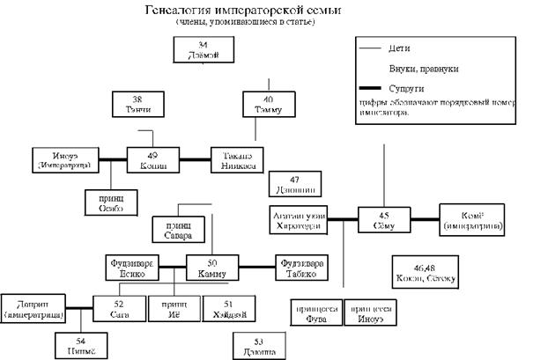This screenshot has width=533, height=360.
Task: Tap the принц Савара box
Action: coord(180,229)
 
